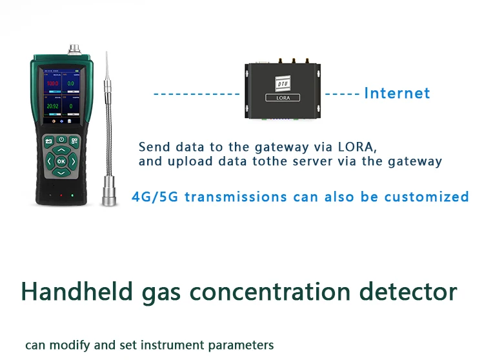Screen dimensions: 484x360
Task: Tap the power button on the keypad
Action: (61, 139)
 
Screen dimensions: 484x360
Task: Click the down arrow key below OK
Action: (61, 172)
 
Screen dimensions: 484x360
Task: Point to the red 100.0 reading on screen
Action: (52, 84)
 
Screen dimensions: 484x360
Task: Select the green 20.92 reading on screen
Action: (52, 105)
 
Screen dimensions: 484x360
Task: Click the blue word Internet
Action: (397, 93)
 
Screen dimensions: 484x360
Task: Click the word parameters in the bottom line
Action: (245, 345)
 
